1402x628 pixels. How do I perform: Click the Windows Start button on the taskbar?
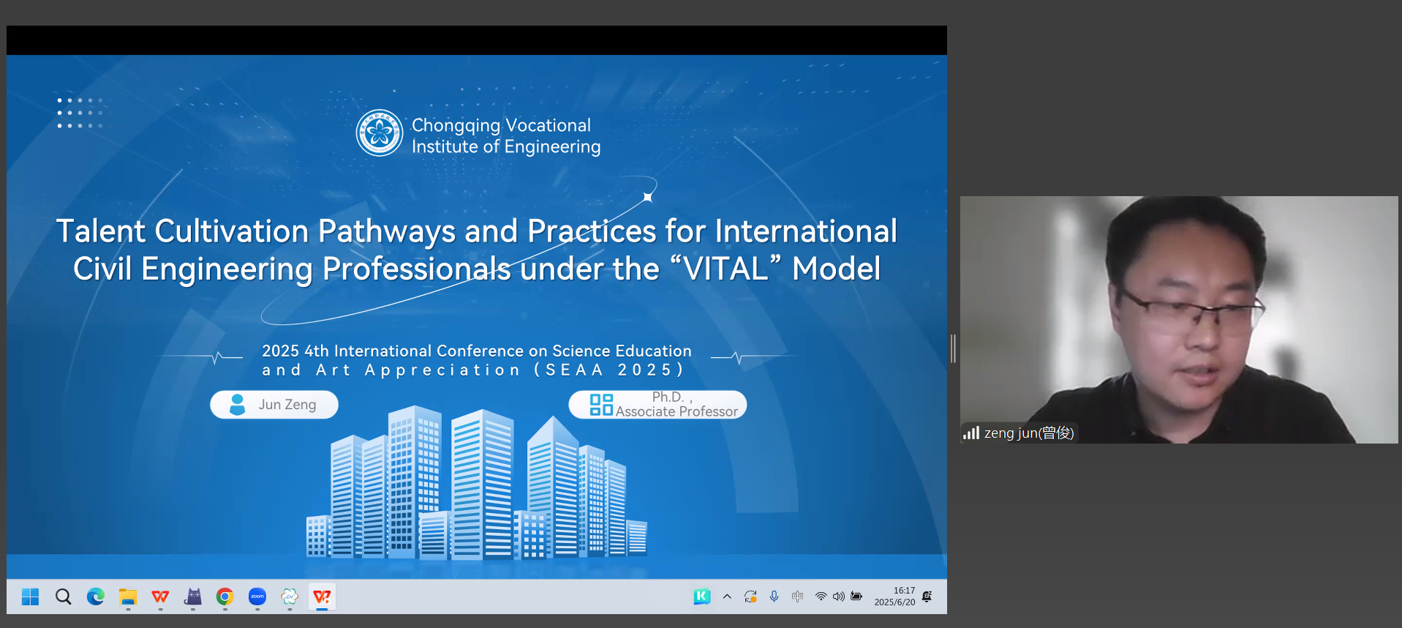click(x=30, y=597)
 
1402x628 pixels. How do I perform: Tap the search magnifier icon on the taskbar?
click(x=64, y=597)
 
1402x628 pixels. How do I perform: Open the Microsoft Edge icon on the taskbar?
click(x=96, y=597)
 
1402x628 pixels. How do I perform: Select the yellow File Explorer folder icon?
click(x=128, y=597)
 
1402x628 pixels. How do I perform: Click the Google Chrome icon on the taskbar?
click(x=225, y=597)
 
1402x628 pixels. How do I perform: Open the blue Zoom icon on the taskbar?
click(x=257, y=597)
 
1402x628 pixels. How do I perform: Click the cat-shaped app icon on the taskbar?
click(x=193, y=597)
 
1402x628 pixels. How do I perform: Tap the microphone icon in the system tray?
click(x=774, y=597)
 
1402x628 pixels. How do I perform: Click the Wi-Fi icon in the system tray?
click(x=821, y=597)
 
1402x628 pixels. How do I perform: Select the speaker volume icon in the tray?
click(x=838, y=597)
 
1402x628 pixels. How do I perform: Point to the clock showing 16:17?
click(x=904, y=591)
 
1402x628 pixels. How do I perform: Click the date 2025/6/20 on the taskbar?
click(x=894, y=602)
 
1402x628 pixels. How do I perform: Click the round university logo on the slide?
click(x=380, y=133)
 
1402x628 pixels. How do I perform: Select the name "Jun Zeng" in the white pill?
click(x=287, y=405)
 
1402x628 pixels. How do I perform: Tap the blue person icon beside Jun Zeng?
click(x=237, y=405)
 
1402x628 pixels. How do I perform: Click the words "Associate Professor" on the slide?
click(x=676, y=412)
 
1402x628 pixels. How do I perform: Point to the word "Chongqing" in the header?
click(x=456, y=126)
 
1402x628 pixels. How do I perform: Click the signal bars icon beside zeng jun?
click(x=971, y=433)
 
